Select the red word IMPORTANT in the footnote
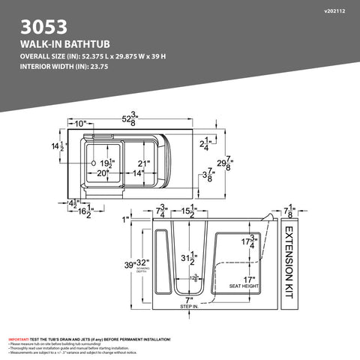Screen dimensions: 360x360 [x=19, y=339]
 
